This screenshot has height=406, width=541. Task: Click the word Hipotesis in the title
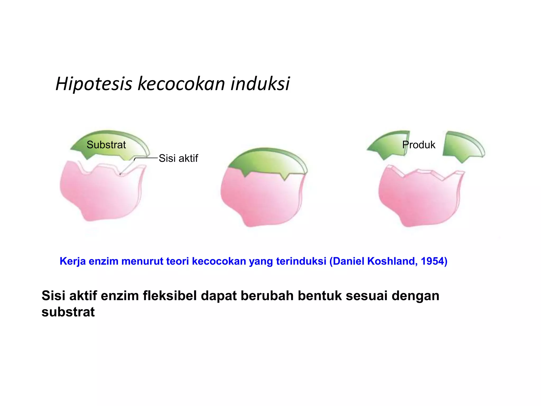[x=94, y=84]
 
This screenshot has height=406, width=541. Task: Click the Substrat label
[x=106, y=145]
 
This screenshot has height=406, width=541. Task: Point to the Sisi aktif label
[x=178, y=158]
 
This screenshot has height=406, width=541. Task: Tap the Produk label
[x=419, y=145]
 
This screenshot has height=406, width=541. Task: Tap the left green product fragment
[x=388, y=145]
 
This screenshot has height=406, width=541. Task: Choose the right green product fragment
[x=462, y=147]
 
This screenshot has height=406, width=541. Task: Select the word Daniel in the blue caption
[x=349, y=261]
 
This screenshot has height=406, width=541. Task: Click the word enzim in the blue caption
[x=104, y=261]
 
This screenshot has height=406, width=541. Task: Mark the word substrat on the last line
[x=68, y=312]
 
